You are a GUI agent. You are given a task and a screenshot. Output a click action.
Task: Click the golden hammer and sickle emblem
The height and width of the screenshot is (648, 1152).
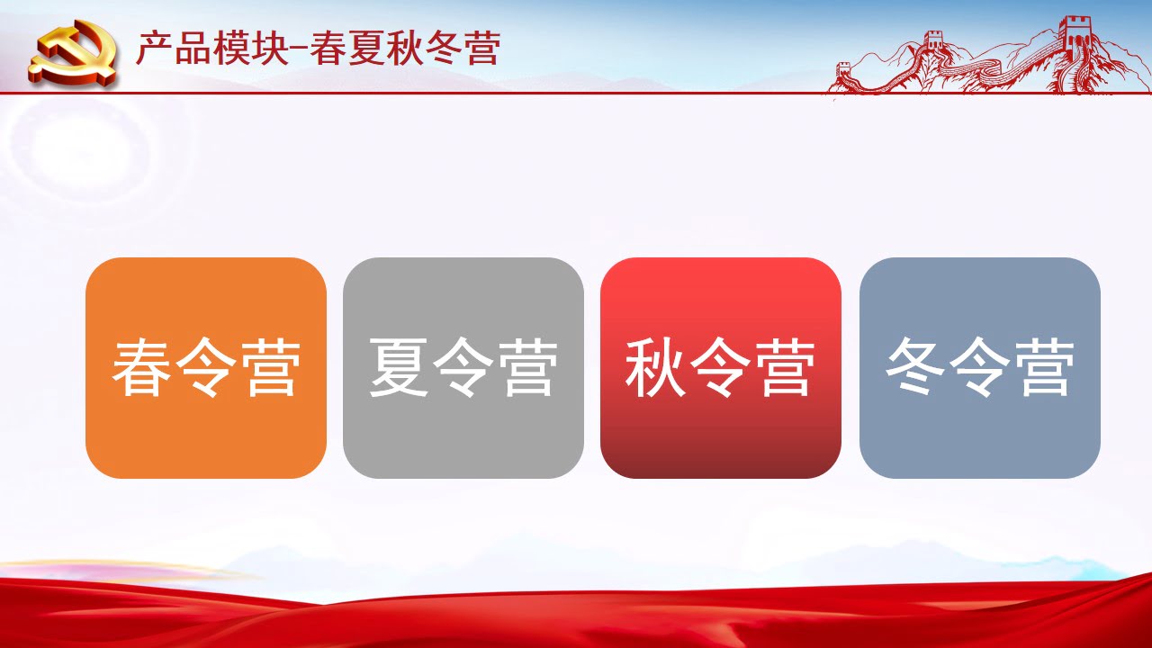74,53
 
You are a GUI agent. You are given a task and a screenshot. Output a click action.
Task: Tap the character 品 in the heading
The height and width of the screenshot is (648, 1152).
193,48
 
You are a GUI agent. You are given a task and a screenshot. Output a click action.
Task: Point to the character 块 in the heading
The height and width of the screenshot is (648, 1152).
269,48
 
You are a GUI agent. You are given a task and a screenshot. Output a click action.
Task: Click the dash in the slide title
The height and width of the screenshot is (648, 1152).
299,49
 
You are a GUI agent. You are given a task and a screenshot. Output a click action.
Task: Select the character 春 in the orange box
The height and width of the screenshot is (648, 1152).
141,367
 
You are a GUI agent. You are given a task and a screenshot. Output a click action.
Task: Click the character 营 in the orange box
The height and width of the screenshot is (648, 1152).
271,367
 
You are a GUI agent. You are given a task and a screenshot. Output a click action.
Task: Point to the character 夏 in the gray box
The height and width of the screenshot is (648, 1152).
399,367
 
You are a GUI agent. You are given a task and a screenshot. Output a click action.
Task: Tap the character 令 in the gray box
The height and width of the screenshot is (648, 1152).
463,367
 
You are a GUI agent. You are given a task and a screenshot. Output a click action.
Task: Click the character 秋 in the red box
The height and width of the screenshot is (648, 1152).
656,367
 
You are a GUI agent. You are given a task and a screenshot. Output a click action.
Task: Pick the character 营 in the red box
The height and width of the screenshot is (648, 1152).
786,367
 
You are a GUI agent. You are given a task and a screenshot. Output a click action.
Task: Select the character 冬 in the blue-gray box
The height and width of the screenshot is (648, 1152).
915,366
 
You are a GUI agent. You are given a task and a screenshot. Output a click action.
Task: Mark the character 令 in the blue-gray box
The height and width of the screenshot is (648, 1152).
980,367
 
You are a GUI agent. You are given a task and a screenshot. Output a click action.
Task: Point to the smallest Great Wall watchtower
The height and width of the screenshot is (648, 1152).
844,70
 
